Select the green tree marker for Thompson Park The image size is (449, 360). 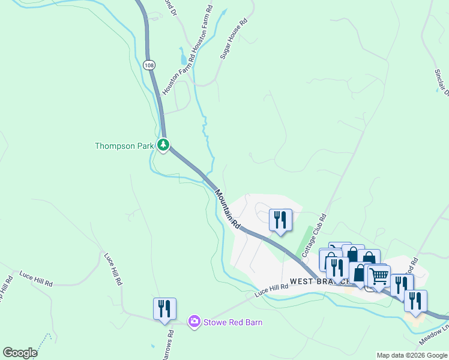tap(163, 145)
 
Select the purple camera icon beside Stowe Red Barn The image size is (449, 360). tap(194, 322)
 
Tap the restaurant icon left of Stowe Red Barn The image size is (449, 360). tap(164, 308)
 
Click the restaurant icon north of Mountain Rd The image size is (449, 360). tap(280, 220)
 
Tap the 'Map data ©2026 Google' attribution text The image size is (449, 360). tap(412, 355)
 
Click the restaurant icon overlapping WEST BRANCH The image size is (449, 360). tap(337, 268)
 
